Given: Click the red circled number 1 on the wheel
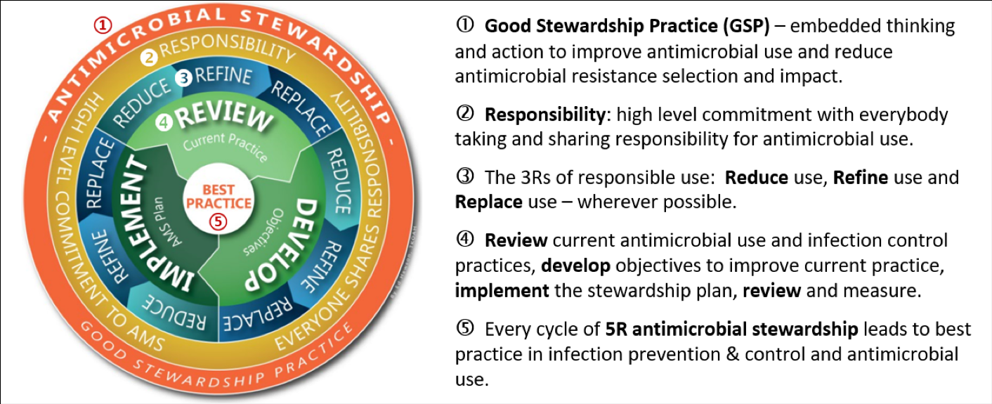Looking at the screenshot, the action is point(103,25).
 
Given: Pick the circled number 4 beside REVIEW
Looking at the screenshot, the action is point(164,122).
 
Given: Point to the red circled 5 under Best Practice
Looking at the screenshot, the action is point(218,221).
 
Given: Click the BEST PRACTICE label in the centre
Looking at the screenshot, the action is point(218,196).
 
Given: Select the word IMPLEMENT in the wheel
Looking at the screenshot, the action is point(148,223).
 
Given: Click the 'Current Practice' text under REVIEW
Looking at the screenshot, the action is point(226,145).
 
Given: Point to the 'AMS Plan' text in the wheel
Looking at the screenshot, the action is point(166,221).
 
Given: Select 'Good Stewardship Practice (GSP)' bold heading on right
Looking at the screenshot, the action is point(627,26).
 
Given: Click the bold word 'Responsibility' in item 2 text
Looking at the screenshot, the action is point(544,115).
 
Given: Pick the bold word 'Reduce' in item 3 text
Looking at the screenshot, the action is point(757,178).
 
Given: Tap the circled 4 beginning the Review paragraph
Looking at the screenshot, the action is point(465,239).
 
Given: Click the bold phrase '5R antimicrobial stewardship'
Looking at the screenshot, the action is point(731,329).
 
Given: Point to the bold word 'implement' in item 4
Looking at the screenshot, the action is point(502,291).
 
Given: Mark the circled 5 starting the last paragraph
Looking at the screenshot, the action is point(465,328).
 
